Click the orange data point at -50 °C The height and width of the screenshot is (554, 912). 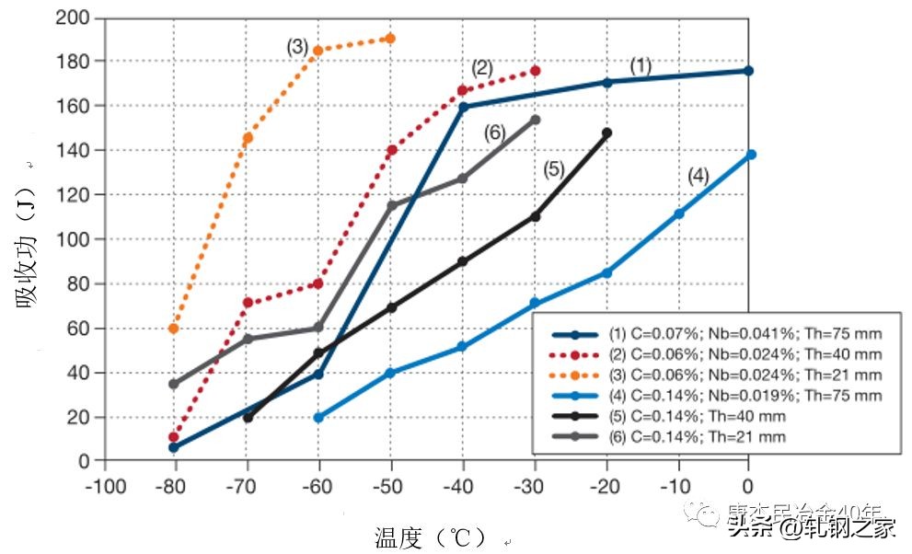(391, 39)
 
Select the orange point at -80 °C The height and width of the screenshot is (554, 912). (173, 329)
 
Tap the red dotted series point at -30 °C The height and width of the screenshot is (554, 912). (535, 71)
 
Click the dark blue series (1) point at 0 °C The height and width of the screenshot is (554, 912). (749, 71)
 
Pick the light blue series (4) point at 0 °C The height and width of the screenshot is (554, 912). (751, 155)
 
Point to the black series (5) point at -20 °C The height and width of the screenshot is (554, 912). (606, 133)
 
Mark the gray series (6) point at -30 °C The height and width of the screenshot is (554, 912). (535, 120)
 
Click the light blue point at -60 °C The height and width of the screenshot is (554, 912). (318, 417)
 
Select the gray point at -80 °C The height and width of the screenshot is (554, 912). (173, 384)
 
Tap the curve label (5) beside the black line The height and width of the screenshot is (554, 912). (552, 169)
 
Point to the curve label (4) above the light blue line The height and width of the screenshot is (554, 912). (698, 178)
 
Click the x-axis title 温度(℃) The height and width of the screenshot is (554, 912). (433, 537)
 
